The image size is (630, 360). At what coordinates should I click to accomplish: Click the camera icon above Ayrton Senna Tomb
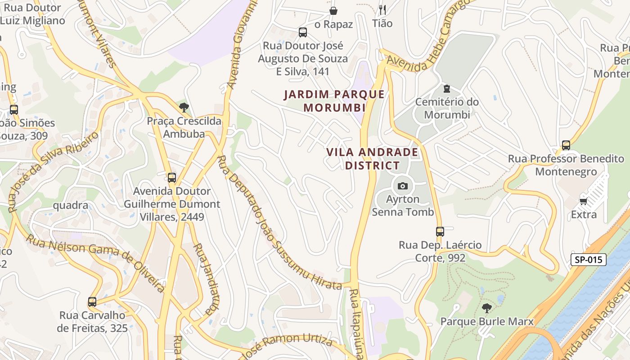coord(402,186)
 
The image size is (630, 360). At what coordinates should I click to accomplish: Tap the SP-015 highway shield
coord(588,260)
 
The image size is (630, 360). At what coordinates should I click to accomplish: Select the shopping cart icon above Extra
coord(584,201)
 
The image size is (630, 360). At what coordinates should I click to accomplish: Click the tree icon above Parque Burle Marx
coord(486,308)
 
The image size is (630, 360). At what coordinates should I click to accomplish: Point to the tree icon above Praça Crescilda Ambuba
coord(184,108)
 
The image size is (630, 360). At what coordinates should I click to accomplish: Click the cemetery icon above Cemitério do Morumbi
coord(446,88)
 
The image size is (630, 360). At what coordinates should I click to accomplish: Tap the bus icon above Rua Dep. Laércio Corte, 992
coord(440,232)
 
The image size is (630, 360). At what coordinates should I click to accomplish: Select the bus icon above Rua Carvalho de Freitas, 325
coord(92,302)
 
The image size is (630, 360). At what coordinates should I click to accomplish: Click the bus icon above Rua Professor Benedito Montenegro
coord(566,145)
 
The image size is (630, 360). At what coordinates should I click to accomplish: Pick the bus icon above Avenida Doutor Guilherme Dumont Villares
coord(171,178)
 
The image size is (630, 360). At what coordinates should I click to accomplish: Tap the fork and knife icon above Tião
coord(382,10)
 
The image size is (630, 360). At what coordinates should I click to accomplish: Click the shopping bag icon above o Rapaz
coord(333,11)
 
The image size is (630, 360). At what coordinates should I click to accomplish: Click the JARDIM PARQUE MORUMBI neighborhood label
coord(334,101)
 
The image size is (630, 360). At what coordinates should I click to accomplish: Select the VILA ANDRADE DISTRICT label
coord(372,159)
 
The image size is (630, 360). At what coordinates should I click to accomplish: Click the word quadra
coord(71,205)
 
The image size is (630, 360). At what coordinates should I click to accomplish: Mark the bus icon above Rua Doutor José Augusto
coord(303,32)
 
